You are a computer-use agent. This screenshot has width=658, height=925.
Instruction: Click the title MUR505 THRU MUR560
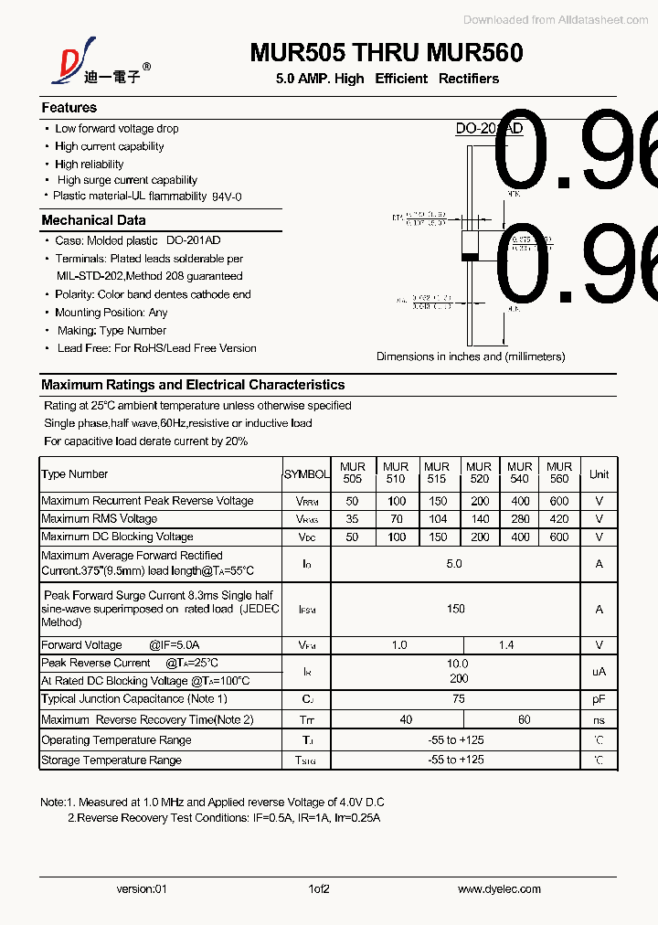pos(387,53)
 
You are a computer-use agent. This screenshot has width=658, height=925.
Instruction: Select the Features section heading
pos(69,108)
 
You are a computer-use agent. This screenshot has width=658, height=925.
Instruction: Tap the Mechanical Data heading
pos(93,220)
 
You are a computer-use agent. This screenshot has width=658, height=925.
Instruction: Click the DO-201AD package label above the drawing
pos(489,129)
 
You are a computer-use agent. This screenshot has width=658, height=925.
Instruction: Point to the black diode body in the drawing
pos(472,245)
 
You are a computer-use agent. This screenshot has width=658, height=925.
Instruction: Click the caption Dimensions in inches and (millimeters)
pos(471,356)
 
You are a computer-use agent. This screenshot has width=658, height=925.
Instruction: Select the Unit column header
pos(599,474)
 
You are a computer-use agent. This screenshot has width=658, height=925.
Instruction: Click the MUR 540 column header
pos(519,473)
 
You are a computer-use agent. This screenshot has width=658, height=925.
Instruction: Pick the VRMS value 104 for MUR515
pos(437,519)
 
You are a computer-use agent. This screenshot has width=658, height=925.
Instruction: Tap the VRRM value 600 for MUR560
pos(559,501)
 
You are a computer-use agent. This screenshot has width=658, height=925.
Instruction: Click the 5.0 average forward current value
pos(454,564)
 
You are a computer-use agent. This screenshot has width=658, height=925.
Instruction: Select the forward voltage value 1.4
pos(506,645)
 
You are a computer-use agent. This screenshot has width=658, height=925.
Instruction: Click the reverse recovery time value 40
pos(406,719)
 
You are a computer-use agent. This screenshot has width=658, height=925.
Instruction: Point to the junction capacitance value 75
pos(458,699)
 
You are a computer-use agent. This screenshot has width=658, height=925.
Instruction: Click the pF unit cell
pos(599,699)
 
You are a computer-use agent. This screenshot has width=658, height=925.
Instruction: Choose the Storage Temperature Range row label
pos(111,760)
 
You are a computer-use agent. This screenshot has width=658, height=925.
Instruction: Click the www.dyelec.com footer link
pos(499,888)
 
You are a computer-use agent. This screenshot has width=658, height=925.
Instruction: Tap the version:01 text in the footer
pos(143,888)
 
